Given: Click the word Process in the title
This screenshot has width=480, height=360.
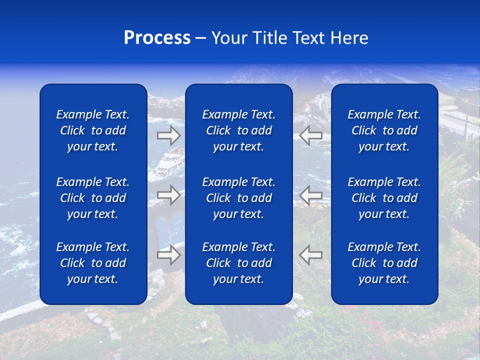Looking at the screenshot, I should (157, 38).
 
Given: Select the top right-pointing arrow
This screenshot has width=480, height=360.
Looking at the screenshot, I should (168, 135).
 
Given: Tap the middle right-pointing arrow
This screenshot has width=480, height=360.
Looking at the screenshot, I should (168, 195).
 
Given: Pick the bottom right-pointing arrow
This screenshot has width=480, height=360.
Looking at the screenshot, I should (168, 255).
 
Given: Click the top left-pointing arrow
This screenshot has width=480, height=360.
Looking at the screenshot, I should (311, 135).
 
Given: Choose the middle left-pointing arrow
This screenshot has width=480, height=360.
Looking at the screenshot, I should (311, 195).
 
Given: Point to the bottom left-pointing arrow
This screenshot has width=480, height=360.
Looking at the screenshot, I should (311, 255).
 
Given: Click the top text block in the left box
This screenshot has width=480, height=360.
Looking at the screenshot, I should (93, 130).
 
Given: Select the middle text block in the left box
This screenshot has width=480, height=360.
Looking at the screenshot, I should (93, 198).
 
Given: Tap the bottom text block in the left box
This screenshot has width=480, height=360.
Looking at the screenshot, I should (93, 263).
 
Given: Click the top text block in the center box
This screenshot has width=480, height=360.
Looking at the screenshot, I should (238, 130).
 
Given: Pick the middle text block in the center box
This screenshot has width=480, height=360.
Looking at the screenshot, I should (238, 198).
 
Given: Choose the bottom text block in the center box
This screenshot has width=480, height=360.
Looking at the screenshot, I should (238, 263).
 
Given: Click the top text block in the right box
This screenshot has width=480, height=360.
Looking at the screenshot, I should (384, 130).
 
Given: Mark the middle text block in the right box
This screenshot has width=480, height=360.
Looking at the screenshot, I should (384, 198).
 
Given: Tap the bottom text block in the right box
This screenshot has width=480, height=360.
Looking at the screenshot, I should (384, 263).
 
